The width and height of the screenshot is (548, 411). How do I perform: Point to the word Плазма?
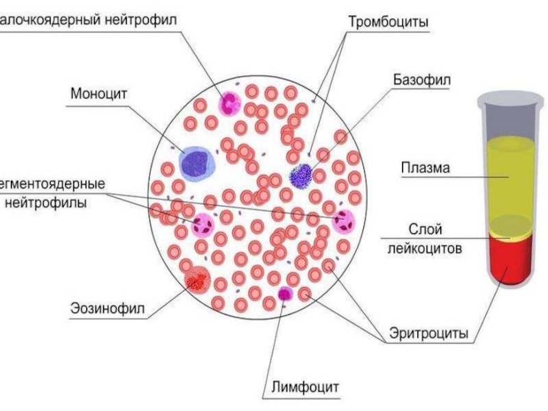[425, 169]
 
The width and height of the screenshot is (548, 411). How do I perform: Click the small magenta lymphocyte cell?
[284, 294]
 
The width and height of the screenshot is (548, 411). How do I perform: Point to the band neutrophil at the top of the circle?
[228, 103]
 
